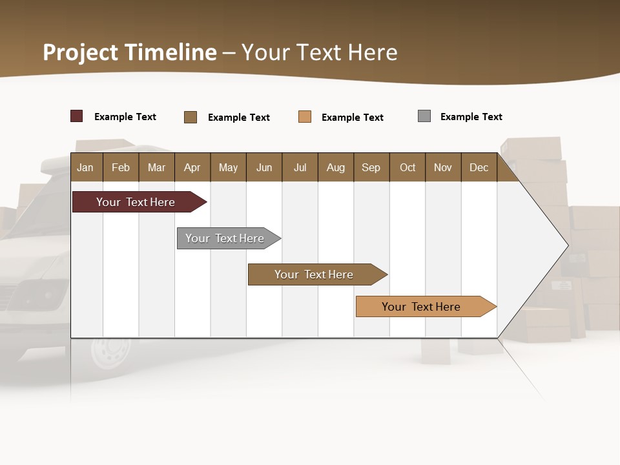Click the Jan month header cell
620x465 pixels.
86,167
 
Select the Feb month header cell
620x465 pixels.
121,167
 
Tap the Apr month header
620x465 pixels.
192,167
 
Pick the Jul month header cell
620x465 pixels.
300,167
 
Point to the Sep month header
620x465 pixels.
371,167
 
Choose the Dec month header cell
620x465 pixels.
479,167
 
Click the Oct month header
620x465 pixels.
408,167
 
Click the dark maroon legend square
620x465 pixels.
77,116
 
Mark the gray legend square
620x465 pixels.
424,116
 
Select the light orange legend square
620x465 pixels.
305,117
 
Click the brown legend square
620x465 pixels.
191,117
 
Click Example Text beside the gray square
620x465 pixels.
471,117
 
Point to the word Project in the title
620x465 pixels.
81,52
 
